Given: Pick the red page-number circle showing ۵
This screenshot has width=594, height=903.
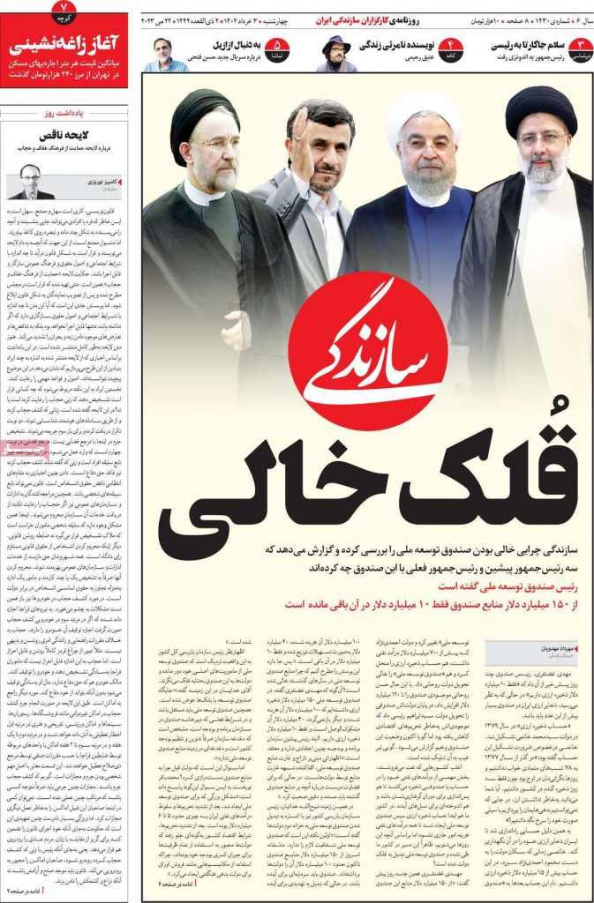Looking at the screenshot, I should tap(277, 46).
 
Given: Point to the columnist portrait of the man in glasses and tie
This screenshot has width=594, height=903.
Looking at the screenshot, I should tap(32, 181).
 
